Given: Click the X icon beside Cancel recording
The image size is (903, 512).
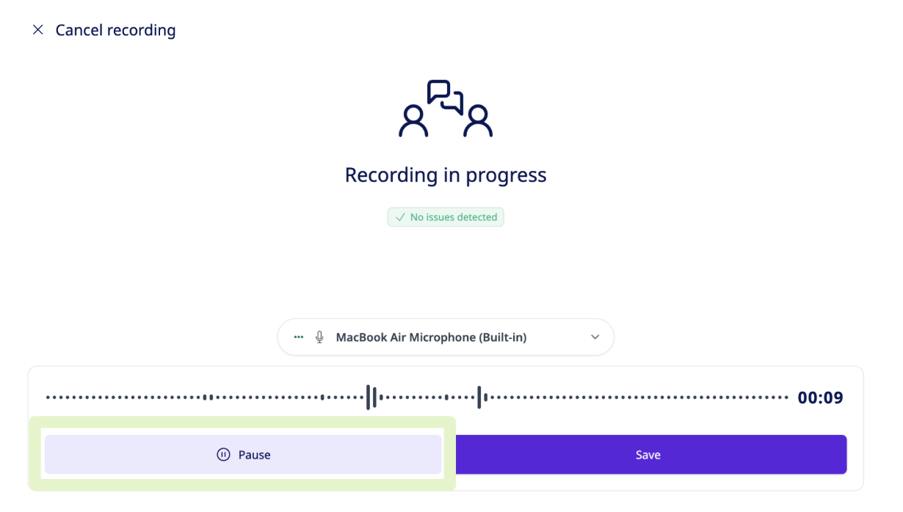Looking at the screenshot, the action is pyautogui.click(x=38, y=30).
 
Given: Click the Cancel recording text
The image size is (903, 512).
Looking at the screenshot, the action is pyautogui.click(x=116, y=30).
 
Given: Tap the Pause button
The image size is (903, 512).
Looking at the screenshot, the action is pyautogui.click(x=243, y=454).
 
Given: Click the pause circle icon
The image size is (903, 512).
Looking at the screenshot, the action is pyautogui.click(x=223, y=454).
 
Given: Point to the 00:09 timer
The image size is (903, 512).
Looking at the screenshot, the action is pyautogui.click(x=820, y=398).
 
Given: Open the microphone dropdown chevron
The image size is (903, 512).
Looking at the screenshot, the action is pyautogui.click(x=595, y=337).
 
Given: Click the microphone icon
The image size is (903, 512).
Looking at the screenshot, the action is pyautogui.click(x=319, y=337).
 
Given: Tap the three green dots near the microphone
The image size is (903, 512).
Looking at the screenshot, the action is pyautogui.click(x=298, y=337).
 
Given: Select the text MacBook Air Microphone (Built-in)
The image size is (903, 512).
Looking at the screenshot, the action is pyautogui.click(x=432, y=337).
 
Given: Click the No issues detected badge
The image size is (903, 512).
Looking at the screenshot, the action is pyautogui.click(x=446, y=217).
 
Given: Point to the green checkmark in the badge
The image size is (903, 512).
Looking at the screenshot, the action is pyautogui.click(x=400, y=217).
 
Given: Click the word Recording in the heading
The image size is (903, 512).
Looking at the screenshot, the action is pyautogui.click(x=391, y=175).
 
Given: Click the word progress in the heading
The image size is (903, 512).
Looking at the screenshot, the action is pyautogui.click(x=506, y=176).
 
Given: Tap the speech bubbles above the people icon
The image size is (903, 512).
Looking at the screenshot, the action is pyautogui.click(x=445, y=97).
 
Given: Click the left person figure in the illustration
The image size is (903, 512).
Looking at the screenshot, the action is pyautogui.click(x=413, y=121).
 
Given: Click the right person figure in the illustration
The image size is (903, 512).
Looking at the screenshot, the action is pyautogui.click(x=478, y=121).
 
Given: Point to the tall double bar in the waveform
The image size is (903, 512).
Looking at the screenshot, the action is pyautogui.click(x=371, y=397).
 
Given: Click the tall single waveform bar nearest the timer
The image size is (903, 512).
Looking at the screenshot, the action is pyautogui.click(x=479, y=397).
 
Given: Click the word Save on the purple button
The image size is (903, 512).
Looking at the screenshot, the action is pyautogui.click(x=648, y=454).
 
